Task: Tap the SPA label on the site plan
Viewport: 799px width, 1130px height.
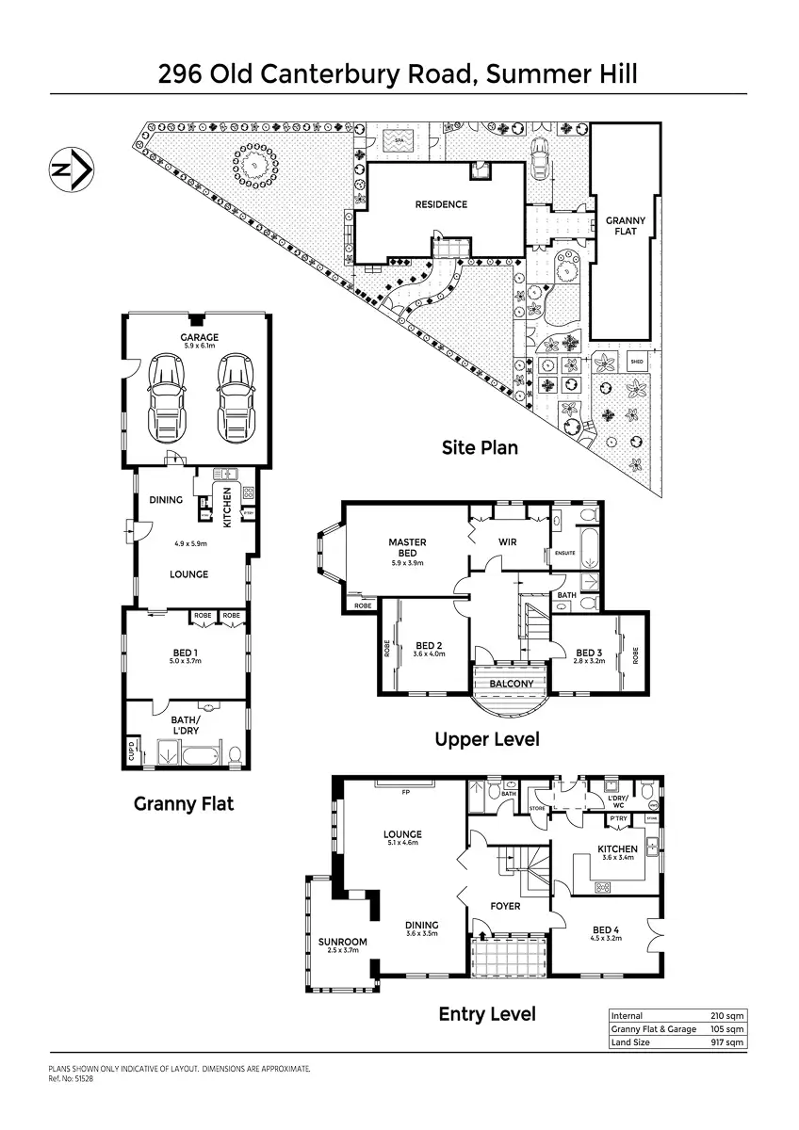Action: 399,141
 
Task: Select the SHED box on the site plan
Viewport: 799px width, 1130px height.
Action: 637,361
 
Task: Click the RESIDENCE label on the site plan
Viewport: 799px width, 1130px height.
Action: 441,204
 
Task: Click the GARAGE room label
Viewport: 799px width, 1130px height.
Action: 200,337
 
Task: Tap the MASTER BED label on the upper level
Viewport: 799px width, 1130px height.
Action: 407,547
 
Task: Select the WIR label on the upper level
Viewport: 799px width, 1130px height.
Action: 506,541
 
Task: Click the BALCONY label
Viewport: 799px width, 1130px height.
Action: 512,684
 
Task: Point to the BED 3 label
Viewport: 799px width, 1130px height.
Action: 588,653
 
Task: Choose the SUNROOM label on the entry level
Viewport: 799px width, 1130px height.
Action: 342,942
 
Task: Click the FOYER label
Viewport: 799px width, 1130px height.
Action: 505,906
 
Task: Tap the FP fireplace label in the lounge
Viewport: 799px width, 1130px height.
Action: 405,793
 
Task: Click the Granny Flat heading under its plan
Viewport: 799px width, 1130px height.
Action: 183,803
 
